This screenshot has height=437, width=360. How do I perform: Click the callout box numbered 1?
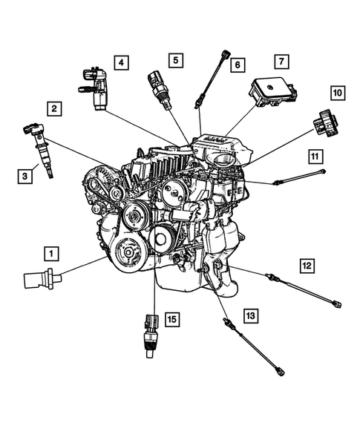point(50,253)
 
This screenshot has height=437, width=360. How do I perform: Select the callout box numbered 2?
point(54,109)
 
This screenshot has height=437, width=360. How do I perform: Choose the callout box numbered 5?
point(174,59)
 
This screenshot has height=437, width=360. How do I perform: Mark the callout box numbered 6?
point(237,65)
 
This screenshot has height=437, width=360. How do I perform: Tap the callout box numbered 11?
point(316,157)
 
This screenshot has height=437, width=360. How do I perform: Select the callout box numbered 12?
point(307,264)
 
